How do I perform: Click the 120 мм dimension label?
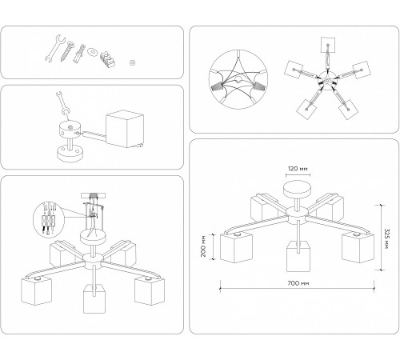pos(298,169)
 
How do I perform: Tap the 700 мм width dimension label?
pos(298,283)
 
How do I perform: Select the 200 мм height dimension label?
pos(203,246)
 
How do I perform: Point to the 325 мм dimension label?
pos(386,238)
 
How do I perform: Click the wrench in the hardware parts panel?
pos(55,48)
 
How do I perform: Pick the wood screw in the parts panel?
pos(66,51)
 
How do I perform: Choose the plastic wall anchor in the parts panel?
pos(79,54)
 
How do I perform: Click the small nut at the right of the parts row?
pos(133,62)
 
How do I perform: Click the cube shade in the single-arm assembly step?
pos(125,129)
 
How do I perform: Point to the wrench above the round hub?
pos(62,103)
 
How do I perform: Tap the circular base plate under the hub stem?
pos(70,153)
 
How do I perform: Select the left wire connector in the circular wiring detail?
pos(217,86)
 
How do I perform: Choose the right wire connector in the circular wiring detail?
pos(259,86)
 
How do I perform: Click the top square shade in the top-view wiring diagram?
pos(328,45)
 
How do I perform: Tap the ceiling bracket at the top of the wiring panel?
pos(93,195)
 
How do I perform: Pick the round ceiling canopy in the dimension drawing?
pos(298,189)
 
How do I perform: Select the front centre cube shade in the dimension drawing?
pos(298,257)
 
